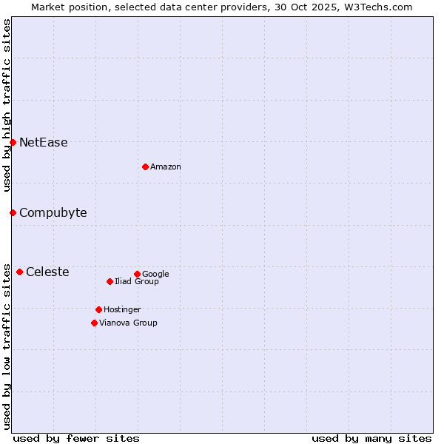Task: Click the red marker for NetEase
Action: click(13, 142)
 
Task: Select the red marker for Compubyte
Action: click(13, 212)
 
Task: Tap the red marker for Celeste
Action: click(19, 272)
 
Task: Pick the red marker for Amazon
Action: click(145, 166)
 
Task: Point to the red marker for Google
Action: click(137, 274)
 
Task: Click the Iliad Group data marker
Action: click(110, 281)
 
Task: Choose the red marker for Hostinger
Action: click(98, 309)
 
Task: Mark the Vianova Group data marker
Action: click(94, 323)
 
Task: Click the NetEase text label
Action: click(43, 143)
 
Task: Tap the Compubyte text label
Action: click(53, 213)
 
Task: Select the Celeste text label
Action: click(47, 272)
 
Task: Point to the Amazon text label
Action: click(166, 167)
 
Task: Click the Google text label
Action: click(155, 275)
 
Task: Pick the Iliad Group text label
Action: click(137, 282)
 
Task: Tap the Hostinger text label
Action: click(122, 310)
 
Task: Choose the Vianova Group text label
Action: click(128, 323)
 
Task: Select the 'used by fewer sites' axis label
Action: click(76, 438)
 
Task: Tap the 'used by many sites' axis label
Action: click(371, 438)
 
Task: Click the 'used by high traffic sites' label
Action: click(7, 105)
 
